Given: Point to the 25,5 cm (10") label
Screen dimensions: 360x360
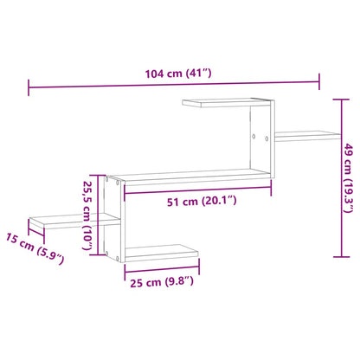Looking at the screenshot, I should pos(87,214).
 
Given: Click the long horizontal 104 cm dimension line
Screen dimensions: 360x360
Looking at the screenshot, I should pos(173,85).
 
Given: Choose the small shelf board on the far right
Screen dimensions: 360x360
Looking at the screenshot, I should pos(310,134).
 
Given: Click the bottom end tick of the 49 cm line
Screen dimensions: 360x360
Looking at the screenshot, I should pos(335,256).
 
